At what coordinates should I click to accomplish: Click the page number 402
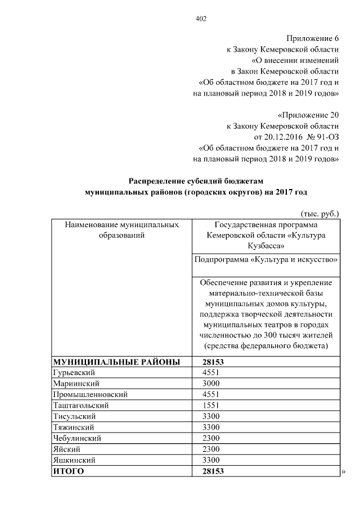pos(201,19)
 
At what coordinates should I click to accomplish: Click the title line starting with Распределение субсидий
pos(196,181)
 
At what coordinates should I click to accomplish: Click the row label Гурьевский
pos(73,373)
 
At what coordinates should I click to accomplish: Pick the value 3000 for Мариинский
pos(211,384)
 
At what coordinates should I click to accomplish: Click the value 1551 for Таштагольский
pos(211,405)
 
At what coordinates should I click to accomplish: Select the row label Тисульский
pos(74,416)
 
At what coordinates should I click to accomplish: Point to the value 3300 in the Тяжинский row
pos(211,427)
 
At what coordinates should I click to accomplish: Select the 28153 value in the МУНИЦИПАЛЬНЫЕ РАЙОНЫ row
pos(213,362)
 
